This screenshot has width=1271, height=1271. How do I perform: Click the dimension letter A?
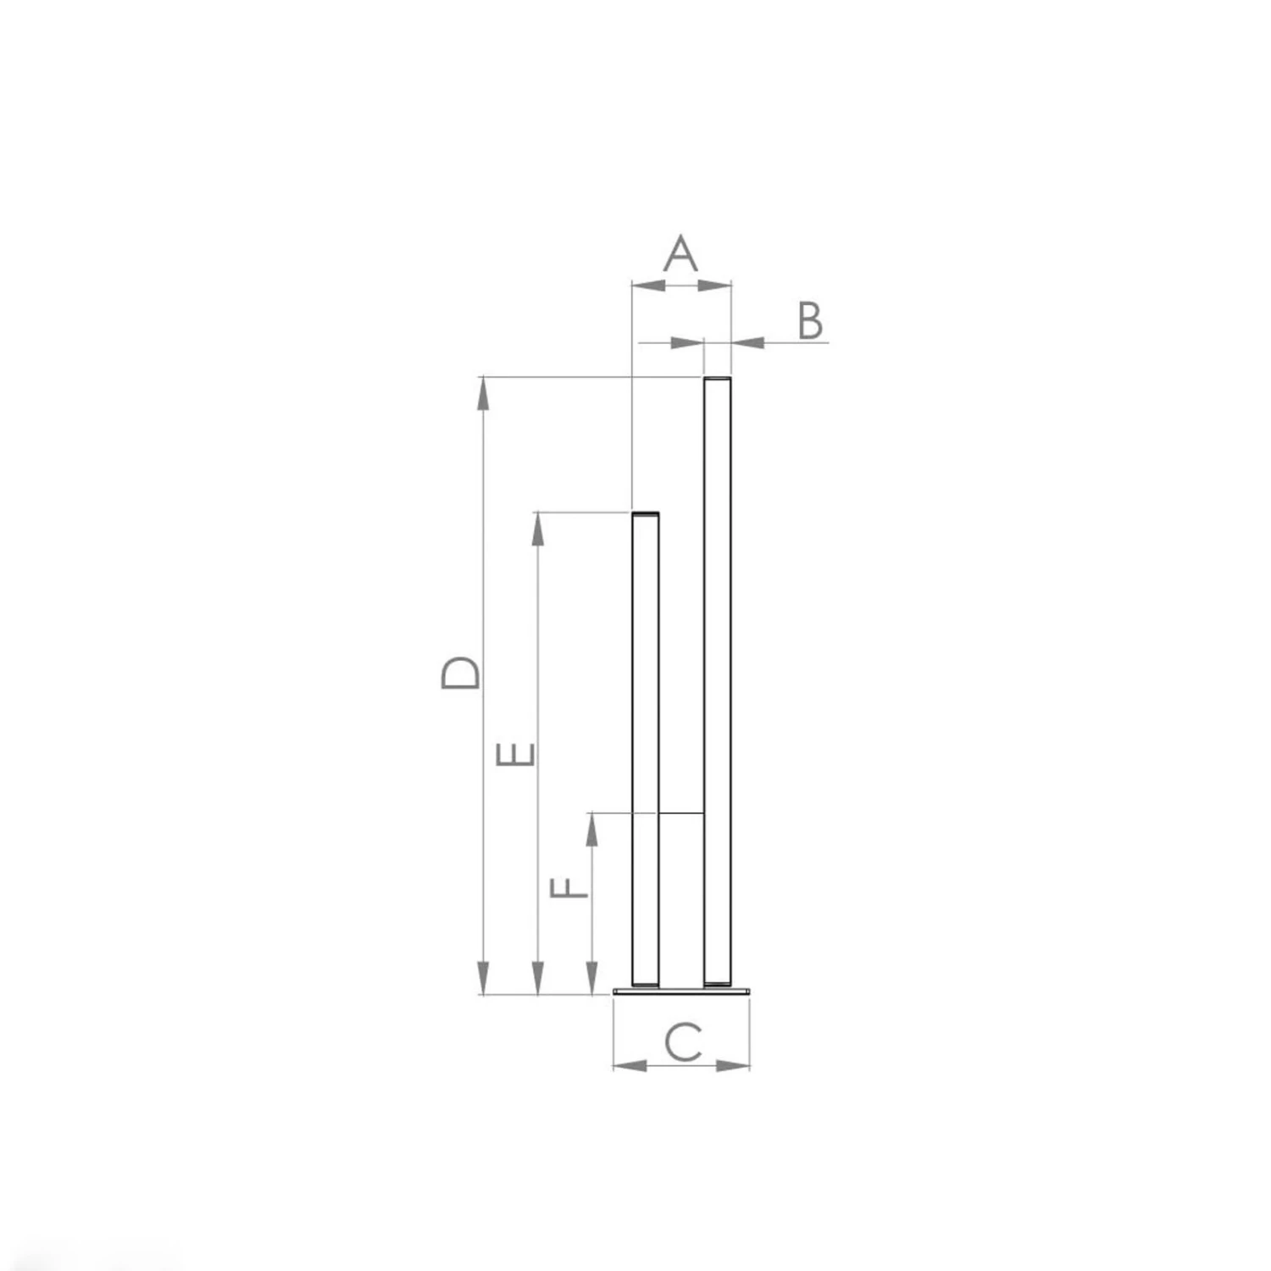pyautogui.click(x=680, y=253)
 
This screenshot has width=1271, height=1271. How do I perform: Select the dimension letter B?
pyautogui.click(x=810, y=321)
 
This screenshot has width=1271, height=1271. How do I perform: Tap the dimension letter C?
pyautogui.click(x=683, y=1043)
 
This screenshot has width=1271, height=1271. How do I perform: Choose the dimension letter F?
pyautogui.click(x=569, y=889)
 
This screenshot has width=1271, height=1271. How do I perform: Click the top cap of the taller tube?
pyautogui.click(x=718, y=378)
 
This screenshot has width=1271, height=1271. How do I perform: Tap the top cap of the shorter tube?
pyautogui.click(x=646, y=514)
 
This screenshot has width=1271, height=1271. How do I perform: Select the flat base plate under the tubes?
pyautogui.click(x=682, y=990)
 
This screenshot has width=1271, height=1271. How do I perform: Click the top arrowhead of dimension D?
pyautogui.click(x=483, y=393)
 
